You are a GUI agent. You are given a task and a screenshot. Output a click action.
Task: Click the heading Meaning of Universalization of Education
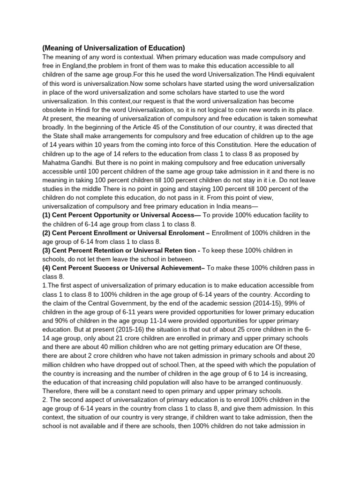pos(113,48)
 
